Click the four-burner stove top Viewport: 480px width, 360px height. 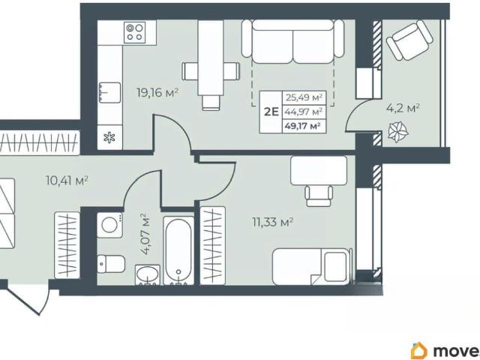coord(135,32)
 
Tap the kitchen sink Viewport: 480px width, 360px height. coord(109,92)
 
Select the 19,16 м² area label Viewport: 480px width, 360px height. coord(157,92)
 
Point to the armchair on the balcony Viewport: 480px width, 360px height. coord(409,40)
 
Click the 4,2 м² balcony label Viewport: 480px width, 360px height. coord(403,109)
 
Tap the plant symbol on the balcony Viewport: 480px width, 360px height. coord(398,132)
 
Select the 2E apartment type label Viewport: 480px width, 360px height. coord(271,112)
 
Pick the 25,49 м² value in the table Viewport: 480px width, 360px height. coord(304,98)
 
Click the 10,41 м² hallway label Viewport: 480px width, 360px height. coord(67,180)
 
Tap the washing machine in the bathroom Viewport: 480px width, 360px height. coord(109,225)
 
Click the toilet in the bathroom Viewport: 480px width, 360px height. coord(111,263)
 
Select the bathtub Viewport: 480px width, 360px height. coord(178,250)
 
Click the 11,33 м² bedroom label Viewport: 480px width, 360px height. coord(273,222)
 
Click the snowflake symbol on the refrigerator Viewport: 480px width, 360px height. coord(109,138)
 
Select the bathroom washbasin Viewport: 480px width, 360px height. coord(148,274)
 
